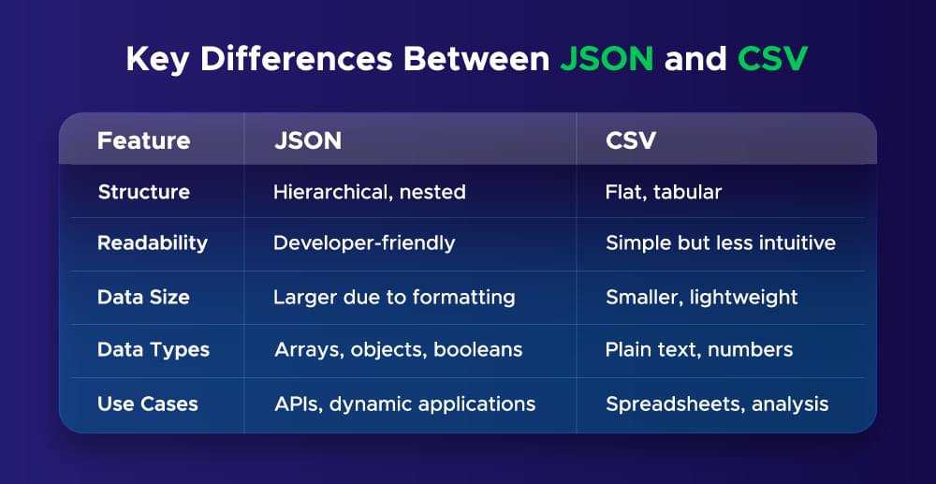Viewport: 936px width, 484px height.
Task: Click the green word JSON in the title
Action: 607,59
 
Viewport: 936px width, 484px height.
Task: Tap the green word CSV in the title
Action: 773,59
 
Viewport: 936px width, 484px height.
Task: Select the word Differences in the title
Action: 287,59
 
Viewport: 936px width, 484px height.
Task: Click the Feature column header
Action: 143,140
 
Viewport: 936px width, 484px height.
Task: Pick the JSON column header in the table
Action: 307,140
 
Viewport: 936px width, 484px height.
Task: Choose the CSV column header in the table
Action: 631,140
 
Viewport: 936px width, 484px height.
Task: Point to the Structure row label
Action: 143,192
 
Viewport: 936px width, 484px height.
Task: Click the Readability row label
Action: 152,243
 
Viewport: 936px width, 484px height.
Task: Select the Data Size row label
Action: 143,297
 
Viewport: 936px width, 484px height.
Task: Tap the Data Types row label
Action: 154,350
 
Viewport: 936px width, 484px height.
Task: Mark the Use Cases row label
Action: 148,404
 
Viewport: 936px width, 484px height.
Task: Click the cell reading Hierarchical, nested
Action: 369,192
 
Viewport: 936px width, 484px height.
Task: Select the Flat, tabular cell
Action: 664,192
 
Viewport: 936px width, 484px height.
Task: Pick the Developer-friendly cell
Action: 364,243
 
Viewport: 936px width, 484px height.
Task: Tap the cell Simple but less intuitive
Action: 721,243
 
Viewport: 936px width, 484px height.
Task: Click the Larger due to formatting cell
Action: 394,297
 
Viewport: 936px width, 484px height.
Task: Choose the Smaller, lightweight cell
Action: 702,297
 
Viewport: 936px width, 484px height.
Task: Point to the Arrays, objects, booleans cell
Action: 398,350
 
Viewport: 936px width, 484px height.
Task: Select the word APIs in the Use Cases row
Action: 295,404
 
